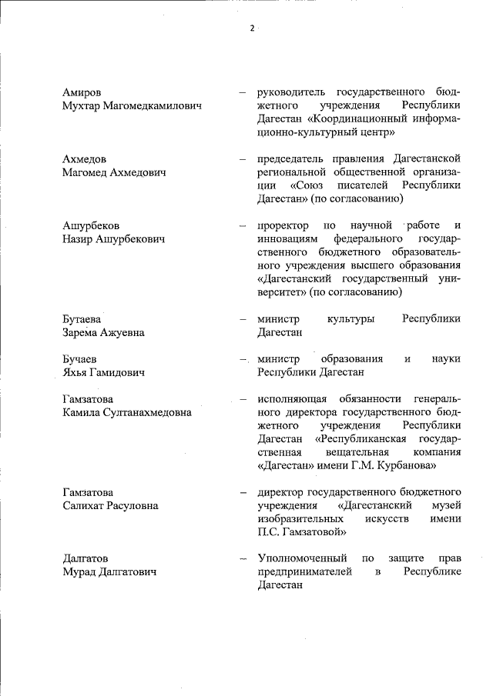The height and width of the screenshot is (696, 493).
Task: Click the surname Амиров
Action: [x=82, y=92]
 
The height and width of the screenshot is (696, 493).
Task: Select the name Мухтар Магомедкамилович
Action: [x=132, y=106]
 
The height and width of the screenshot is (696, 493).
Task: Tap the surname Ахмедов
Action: [x=85, y=159]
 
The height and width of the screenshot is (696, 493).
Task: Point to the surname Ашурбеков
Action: [x=91, y=225]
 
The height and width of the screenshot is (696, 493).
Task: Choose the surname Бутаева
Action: [x=83, y=318]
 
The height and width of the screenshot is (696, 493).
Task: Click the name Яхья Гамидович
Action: [x=105, y=372]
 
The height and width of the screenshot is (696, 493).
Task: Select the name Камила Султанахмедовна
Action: [x=127, y=412]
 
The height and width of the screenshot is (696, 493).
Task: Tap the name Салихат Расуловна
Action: [x=110, y=505]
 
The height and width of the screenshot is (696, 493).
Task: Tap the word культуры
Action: [x=350, y=318]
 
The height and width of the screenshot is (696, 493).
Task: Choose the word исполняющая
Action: [x=292, y=399]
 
